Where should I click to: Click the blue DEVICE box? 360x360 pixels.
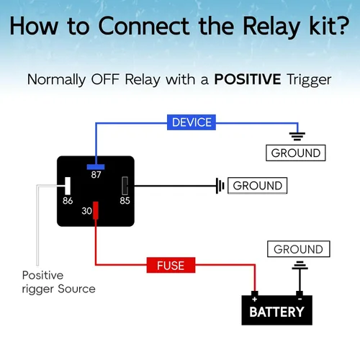point(192,122)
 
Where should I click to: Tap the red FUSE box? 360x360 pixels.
point(171,265)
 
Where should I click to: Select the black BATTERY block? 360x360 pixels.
point(276,310)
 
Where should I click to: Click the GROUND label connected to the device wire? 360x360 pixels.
point(296,153)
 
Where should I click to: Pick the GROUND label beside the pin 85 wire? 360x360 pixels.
point(257,186)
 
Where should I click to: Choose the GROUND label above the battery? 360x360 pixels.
point(299,249)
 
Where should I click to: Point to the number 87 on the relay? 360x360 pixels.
point(96,175)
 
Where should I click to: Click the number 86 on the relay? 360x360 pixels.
point(68,201)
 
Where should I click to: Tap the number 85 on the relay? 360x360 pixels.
point(125,201)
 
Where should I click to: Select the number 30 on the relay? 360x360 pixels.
point(86,211)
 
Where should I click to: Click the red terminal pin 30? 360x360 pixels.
point(96,210)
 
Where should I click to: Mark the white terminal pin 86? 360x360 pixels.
point(68,186)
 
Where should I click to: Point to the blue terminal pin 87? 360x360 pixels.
point(96,167)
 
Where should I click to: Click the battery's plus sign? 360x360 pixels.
point(255,300)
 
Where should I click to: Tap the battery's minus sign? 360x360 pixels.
point(300,300)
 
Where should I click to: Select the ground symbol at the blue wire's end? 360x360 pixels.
point(297,136)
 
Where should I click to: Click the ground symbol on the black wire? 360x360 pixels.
point(220,186)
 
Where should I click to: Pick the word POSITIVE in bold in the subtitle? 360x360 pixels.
point(248,79)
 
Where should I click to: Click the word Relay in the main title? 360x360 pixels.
point(271,27)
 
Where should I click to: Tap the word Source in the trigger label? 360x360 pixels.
point(76,289)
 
